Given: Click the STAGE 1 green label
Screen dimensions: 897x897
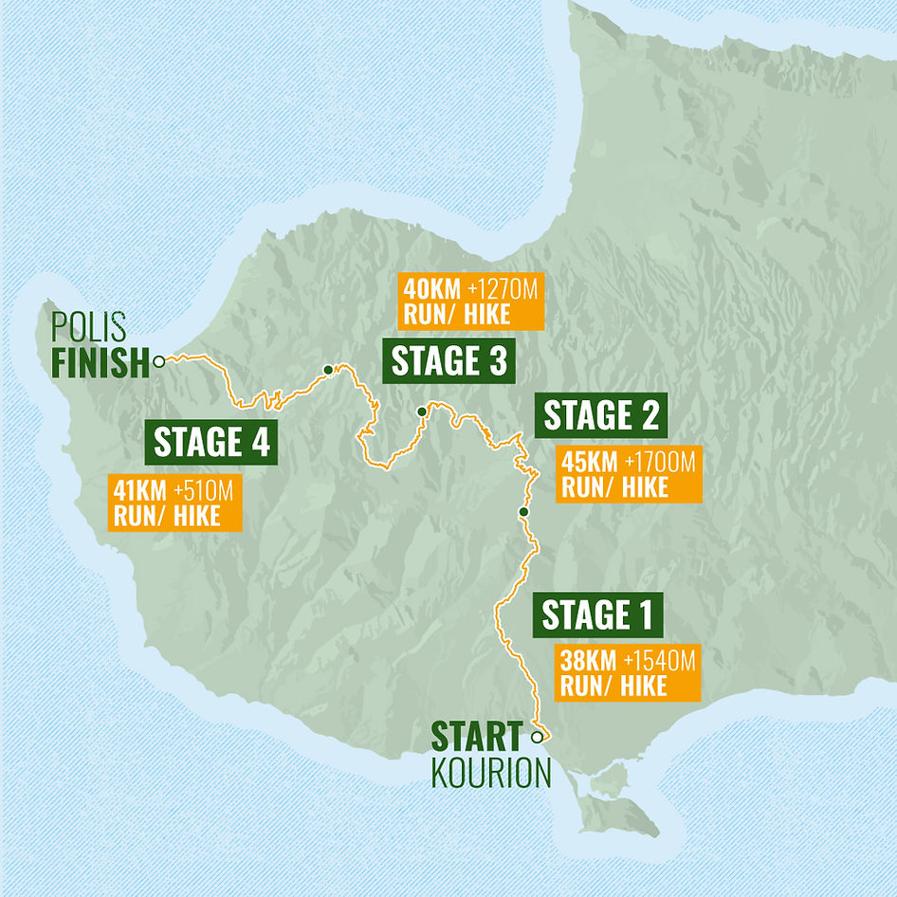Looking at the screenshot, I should pyautogui.click(x=597, y=616).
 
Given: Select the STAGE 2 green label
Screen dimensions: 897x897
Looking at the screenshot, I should pyautogui.click(x=600, y=416).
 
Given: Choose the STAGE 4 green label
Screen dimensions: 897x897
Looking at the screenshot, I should pyautogui.click(x=211, y=442).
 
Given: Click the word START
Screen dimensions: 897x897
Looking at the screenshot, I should pyautogui.click(x=477, y=737).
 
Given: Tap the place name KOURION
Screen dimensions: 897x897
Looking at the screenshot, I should pyautogui.click(x=490, y=773).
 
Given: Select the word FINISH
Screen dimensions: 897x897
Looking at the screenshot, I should pyautogui.click(x=101, y=361).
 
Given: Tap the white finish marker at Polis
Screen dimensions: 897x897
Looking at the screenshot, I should pyautogui.click(x=159, y=360).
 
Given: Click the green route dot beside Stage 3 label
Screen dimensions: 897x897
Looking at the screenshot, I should pyautogui.click(x=421, y=412).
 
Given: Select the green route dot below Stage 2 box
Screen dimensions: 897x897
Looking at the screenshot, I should pyautogui.click(x=522, y=512).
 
